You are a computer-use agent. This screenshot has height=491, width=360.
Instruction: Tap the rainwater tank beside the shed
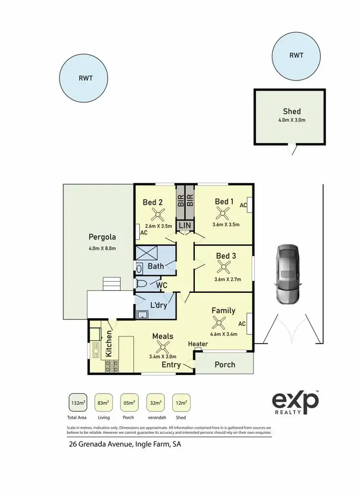click(296, 56)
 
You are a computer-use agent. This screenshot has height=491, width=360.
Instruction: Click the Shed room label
click(291, 111)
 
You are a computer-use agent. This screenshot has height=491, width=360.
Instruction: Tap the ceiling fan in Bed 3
click(224, 268)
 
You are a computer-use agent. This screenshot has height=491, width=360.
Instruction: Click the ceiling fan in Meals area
click(162, 347)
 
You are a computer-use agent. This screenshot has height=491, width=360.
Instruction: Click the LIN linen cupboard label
click(185, 225)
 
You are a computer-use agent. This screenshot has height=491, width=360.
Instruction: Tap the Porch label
click(225, 364)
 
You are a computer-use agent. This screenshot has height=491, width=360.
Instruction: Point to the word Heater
click(198, 344)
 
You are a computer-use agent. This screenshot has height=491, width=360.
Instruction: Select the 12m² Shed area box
click(181, 402)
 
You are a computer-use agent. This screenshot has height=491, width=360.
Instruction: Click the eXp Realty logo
click(295, 402)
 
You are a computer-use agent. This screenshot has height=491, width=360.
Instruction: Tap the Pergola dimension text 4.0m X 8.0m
click(102, 248)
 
